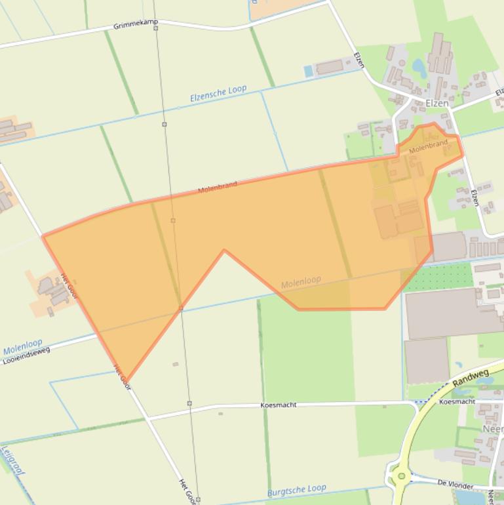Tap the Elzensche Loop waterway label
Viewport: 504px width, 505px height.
coord(218,94)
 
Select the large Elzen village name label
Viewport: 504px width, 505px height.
coord(437,104)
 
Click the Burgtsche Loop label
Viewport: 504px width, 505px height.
coord(296,490)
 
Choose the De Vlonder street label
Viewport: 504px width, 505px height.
coord(455,483)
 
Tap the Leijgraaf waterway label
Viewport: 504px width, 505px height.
coord(12,460)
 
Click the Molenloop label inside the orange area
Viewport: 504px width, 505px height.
coord(301,282)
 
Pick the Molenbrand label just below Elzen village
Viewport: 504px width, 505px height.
coord(428,146)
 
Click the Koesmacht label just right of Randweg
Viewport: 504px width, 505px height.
coord(457,401)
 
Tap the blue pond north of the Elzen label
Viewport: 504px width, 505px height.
coord(417,66)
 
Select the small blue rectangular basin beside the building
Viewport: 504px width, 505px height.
coord(309,71)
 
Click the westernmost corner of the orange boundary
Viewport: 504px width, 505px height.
coord(43,236)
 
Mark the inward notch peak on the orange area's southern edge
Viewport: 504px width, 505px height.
coord(224,250)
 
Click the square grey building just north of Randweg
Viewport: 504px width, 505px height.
coord(427,361)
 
